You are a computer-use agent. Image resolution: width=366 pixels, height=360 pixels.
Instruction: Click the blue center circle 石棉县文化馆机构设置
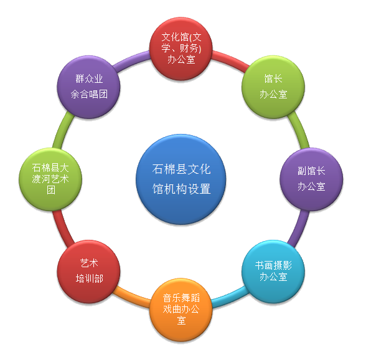[x=181, y=179]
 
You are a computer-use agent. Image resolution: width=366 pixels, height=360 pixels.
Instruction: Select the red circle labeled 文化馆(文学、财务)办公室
[x=181, y=49]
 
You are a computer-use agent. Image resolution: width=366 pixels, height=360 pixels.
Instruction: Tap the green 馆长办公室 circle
[x=273, y=87]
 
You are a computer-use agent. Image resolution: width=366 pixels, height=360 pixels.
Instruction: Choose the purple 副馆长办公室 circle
[x=311, y=179]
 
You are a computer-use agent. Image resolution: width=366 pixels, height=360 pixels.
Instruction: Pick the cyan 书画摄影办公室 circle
[x=273, y=272]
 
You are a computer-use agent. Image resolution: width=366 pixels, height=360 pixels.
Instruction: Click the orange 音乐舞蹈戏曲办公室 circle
[x=181, y=310]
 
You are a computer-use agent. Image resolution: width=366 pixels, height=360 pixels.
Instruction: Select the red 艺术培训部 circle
[x=88, y=272]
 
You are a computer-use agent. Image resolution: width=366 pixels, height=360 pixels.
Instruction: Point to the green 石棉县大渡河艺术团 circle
[x=50, y=179]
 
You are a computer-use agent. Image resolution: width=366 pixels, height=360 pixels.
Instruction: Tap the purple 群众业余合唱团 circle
[x=88, y=87]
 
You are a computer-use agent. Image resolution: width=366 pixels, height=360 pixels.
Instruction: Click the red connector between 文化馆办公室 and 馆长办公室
[x=230, y=60]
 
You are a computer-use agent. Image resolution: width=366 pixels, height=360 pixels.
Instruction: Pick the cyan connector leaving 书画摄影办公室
[x=230, y=297]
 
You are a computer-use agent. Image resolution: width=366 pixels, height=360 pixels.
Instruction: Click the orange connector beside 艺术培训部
[x=131, y=297]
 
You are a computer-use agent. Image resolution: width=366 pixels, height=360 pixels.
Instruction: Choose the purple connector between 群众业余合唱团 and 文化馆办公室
[x=131, y=60]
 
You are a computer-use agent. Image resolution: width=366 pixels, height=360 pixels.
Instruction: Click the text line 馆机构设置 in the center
[x=181, y=189]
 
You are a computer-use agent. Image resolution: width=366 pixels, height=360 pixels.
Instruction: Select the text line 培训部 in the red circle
[x=89, y=278]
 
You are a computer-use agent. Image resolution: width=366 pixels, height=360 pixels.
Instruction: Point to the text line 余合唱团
[x=89, y=94]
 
